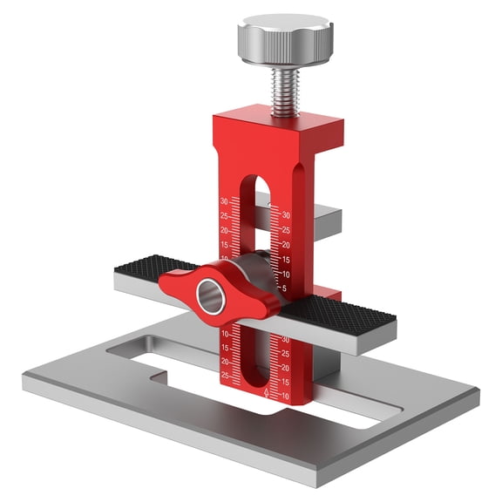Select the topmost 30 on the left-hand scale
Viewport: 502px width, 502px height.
224,200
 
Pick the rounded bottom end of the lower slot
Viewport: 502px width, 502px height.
252,384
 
